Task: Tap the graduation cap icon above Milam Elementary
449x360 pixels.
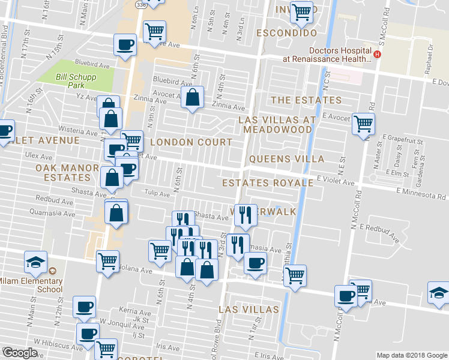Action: (35, 262)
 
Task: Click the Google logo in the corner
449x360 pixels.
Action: (20, 353)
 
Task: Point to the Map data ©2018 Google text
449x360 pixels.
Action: (412, 355)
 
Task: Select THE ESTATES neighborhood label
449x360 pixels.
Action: (306, 100)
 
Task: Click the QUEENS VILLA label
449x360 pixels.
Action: (286, 159)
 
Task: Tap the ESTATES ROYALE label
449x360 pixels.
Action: (268, 182)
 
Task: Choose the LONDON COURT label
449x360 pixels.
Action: (191, 142)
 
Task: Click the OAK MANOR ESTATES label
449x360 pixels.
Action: (62, 172)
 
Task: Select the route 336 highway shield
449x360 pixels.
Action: (140, 4)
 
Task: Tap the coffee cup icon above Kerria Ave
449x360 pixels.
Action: (84, 307)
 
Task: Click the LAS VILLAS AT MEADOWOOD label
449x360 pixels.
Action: (277, 125)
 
